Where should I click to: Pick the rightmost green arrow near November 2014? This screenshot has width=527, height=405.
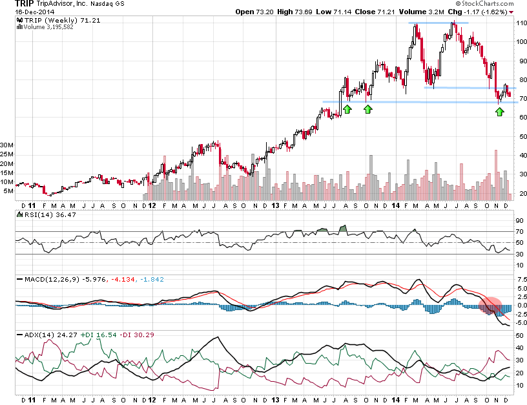[x=499, y=112]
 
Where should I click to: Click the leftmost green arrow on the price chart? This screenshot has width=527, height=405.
[x=347, y=109]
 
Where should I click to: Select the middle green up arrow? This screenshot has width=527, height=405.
[x=368, y=109]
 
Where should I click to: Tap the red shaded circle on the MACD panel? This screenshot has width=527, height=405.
[x=491, y=306]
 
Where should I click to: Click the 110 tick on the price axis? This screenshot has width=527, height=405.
[x=521, y=23]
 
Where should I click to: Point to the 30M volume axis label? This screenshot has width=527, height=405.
[x=8, y=145]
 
